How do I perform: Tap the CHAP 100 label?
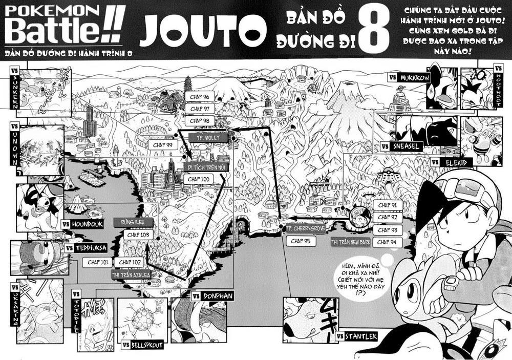[199, 179]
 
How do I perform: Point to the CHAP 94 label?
[388, 242]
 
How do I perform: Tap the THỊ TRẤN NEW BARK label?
[350, 242]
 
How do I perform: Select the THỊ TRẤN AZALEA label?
[131, 274]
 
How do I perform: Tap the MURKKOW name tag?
[408, 77]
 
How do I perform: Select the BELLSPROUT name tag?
[143, 345]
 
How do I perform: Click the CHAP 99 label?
[163, 145]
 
